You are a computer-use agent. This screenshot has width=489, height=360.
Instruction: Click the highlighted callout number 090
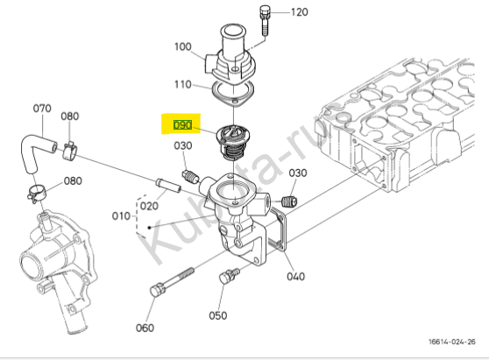click(182, 125)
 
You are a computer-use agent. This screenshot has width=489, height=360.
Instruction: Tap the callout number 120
click(300, 12)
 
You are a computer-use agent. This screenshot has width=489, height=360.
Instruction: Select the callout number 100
click(183, 46)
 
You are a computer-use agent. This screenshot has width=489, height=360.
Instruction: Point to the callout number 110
click(183, 84)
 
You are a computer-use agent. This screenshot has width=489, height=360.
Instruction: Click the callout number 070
click(42, 109)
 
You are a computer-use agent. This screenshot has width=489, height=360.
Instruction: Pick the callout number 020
click(149, 206)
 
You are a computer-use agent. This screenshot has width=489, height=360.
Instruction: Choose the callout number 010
click(121, 216)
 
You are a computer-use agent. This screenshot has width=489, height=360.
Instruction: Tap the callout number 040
click(295, 277)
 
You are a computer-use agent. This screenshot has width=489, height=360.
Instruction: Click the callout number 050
click(218, 315)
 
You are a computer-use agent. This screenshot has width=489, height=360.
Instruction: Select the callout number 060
click(145, 328)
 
